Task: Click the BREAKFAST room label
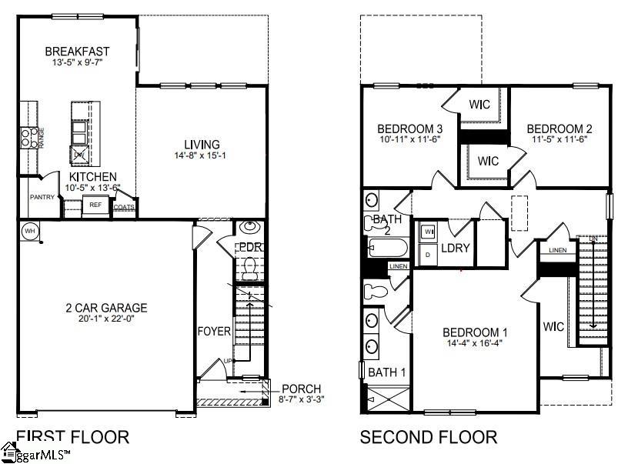point(76,52)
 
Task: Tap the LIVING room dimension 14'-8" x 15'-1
point(202,156)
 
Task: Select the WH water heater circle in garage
point(29,230)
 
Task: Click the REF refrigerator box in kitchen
point(95,205)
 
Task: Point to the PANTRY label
point(42,197)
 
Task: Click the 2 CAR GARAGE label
point(106,308)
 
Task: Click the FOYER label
point(213,331)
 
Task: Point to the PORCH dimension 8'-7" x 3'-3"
point(300,399)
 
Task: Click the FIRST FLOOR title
point(72,438)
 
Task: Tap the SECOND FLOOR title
point(429,438)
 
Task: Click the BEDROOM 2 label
point(560,129)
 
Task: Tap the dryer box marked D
point(428,254)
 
